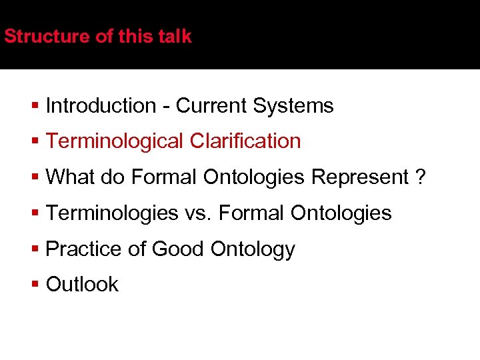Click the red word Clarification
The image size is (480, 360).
coord(245,141)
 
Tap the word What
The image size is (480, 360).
coord(71,177)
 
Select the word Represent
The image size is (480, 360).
coord(360,177)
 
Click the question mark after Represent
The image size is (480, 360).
coord(419,177)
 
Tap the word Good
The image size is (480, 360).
coord(179,249)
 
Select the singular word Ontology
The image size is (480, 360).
coord(253,249)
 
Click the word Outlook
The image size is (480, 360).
coord(82,284)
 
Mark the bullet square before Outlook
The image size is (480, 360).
coord(35,285)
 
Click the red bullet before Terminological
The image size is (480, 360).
coord(35,142)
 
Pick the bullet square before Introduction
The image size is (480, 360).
coord(35,106)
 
